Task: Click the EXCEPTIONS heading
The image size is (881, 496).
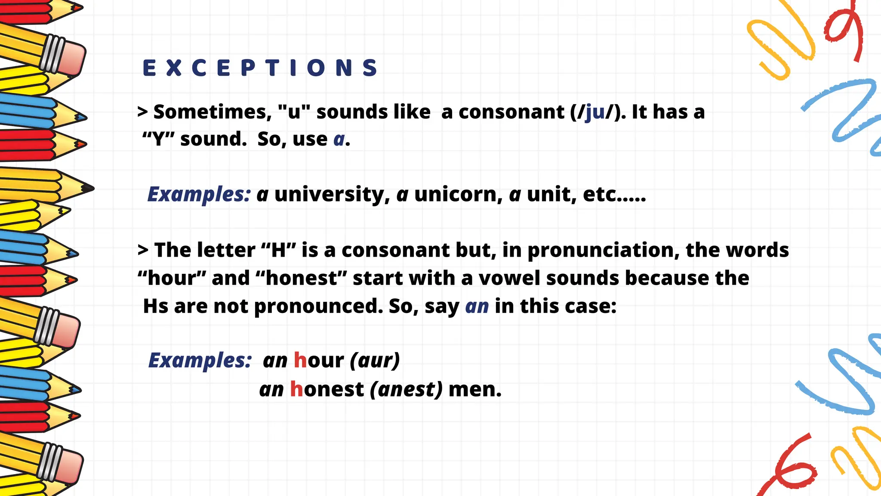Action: pos(260,68)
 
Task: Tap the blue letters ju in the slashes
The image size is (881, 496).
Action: pos(595,112)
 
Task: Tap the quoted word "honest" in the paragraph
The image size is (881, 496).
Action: pos(301,278)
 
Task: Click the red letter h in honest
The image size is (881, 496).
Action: pos(297,389)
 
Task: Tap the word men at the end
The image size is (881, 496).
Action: pos(474,390)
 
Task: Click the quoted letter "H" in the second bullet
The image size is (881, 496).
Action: pos(279,250)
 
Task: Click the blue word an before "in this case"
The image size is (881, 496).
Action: pos(477,307)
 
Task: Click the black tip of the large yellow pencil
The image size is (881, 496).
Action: pos(88,189)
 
